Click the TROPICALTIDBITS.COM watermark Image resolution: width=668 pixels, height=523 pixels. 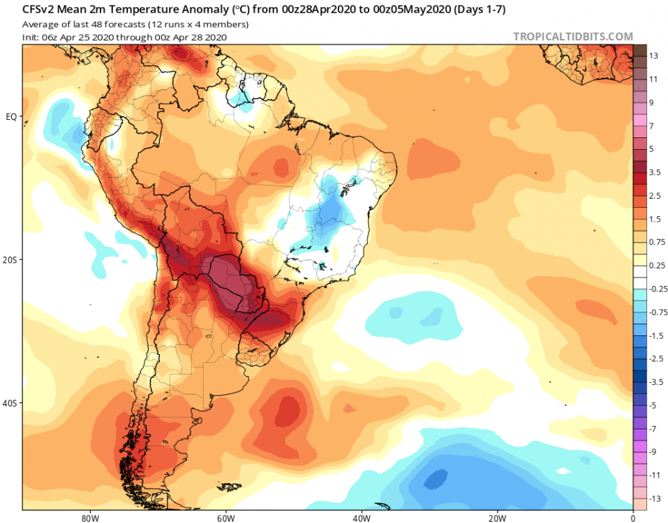(572, 36)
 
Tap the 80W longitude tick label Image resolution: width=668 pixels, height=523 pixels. (89, 518)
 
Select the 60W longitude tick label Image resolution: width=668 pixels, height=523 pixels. (225, 518)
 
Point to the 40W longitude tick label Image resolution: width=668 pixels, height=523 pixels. (361, 518)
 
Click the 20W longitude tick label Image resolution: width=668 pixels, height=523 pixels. (497, 518)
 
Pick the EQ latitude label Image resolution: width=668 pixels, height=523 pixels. (11, 116)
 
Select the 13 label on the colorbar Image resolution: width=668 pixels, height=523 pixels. (654, 56)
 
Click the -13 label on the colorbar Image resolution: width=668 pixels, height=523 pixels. (655, 499)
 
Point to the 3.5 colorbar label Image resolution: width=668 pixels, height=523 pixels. (655, 172)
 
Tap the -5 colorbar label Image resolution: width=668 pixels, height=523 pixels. (654, 405)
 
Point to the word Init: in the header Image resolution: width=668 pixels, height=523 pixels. (31, 36)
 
